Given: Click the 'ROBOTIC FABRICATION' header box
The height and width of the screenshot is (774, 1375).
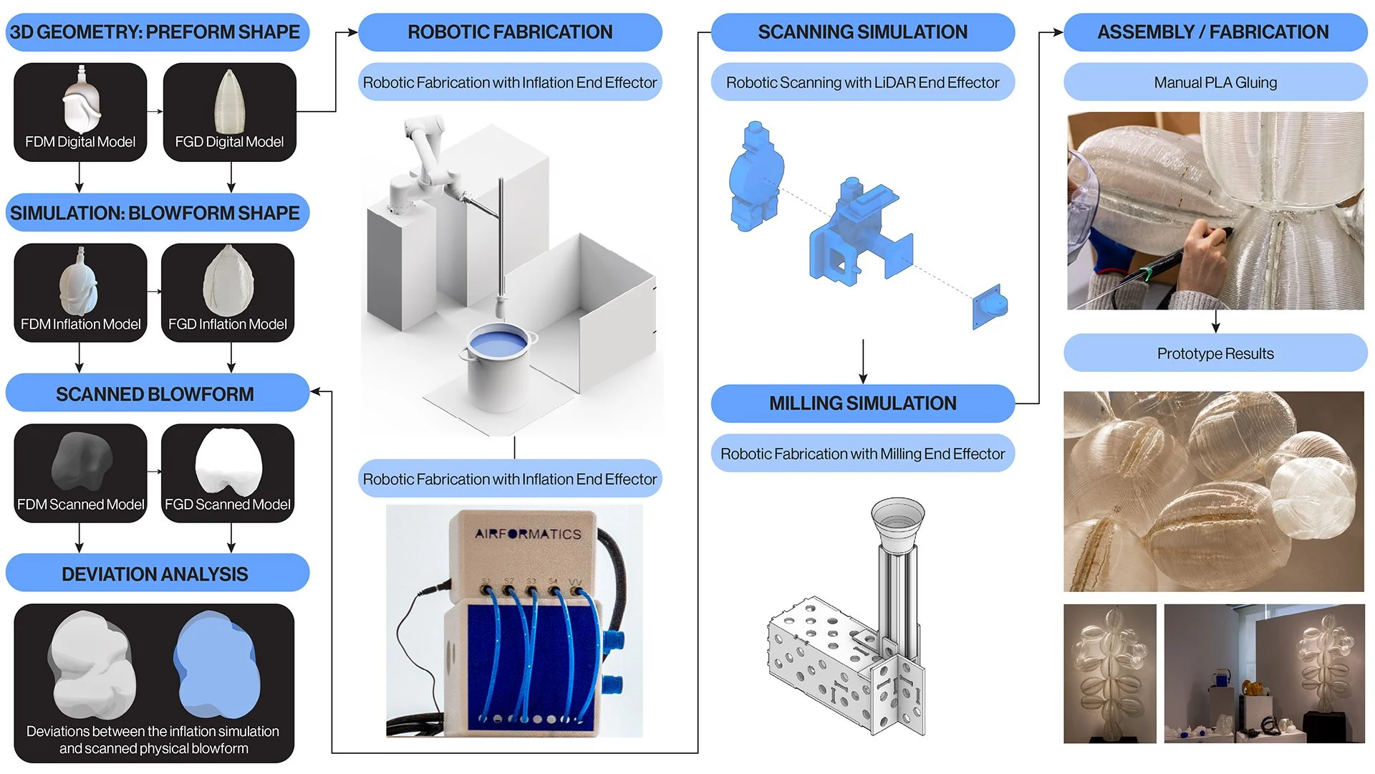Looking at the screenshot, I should coord(510,32).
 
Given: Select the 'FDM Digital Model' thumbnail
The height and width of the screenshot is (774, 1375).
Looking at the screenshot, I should coord(80,112).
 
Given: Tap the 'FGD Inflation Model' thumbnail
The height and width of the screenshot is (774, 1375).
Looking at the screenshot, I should coord(228,292).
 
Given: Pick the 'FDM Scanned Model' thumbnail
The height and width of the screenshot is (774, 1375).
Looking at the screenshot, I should coord(80,473).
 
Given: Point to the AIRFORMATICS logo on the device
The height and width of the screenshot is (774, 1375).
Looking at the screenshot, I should coord(528,534).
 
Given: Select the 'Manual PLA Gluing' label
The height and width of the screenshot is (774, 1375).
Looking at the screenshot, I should coord(1215,82).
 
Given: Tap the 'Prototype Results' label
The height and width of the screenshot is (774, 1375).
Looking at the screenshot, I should coord(1215,353).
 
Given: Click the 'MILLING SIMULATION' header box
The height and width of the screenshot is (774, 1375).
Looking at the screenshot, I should coord(862,403).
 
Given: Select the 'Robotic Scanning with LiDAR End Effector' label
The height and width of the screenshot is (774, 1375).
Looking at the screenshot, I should coord(862,82).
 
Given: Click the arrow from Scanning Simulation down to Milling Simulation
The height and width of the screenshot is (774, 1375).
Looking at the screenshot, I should coord(863,362).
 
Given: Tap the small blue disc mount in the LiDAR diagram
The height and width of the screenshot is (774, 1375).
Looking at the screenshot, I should coord(990,306).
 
